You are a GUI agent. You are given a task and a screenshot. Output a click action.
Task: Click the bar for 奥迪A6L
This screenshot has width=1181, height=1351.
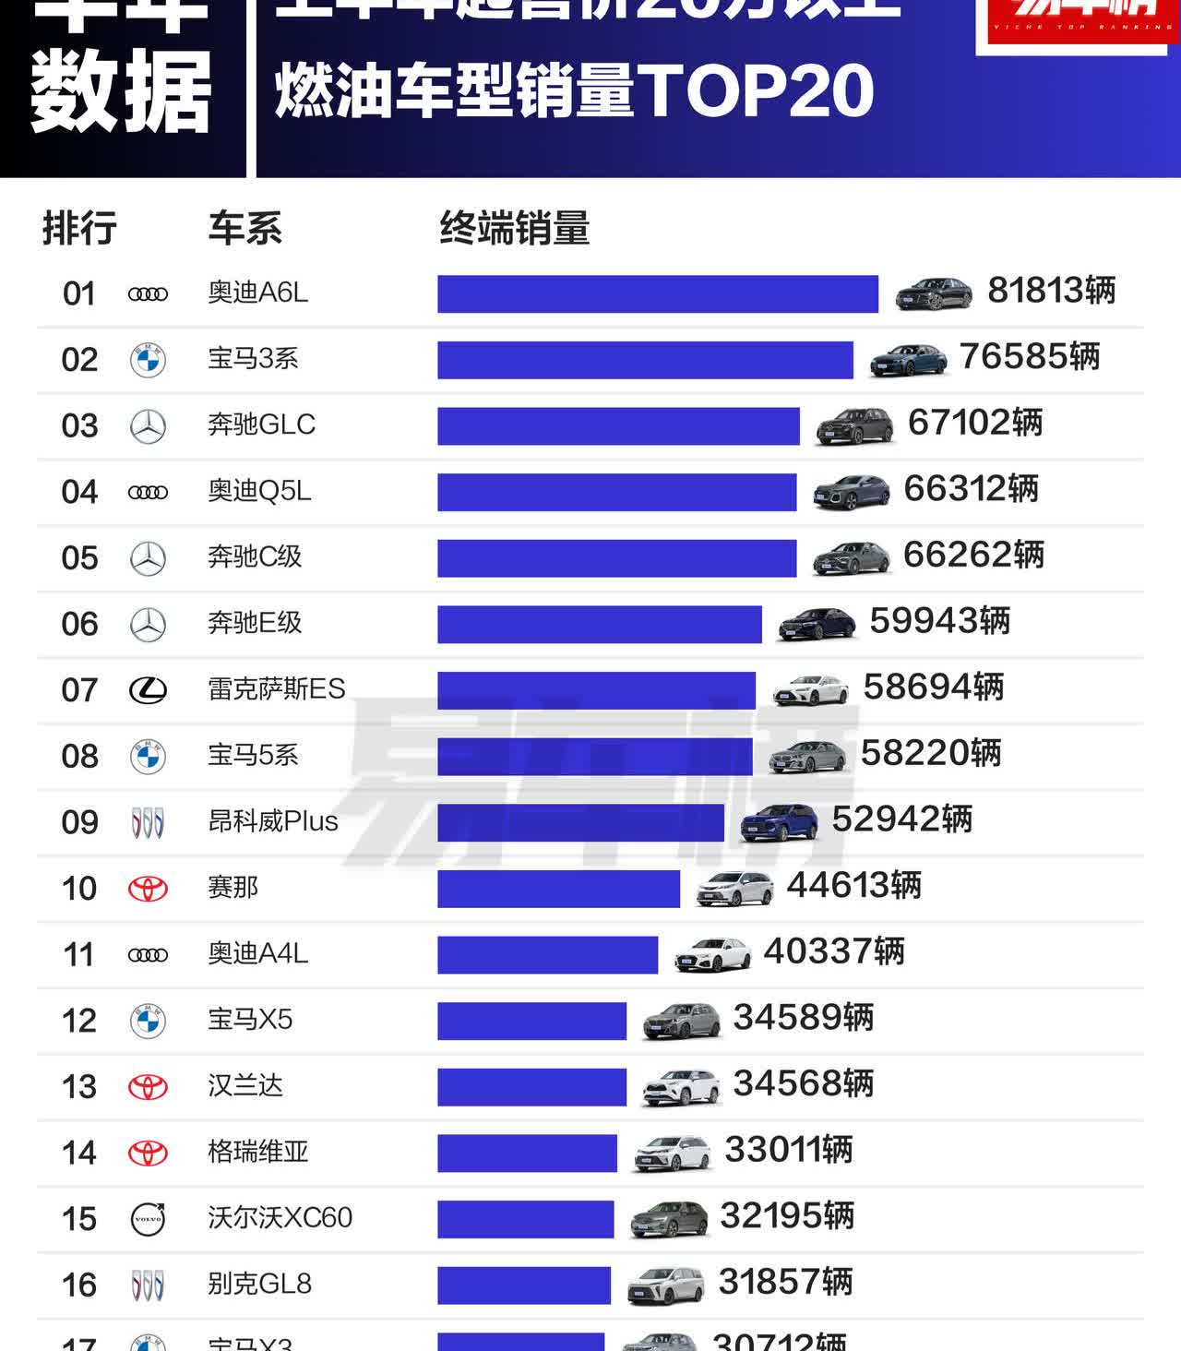pos(657,294)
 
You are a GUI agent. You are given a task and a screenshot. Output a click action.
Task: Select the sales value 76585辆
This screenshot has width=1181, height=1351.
pos(1030,357)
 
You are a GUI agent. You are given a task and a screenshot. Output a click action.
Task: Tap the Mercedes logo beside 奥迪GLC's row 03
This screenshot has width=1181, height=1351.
pos(148,426)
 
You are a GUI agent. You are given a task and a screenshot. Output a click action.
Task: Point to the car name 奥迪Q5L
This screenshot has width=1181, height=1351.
pos(259,491)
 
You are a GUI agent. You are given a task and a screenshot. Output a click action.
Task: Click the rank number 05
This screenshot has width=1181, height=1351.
pos(79,558)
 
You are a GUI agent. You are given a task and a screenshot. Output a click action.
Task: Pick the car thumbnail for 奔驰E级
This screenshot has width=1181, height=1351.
pos(817,623)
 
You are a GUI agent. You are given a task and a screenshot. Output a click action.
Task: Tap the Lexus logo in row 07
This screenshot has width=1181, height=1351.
pos(148,689)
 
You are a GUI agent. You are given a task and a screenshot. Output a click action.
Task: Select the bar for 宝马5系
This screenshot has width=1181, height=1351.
pos(595,757)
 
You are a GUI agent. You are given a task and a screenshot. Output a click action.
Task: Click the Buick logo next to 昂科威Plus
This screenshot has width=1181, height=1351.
pos(148,822)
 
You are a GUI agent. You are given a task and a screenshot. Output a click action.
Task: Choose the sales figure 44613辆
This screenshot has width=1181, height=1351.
pos(853,886)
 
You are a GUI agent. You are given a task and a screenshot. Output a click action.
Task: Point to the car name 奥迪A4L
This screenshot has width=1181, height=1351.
pos(257,953)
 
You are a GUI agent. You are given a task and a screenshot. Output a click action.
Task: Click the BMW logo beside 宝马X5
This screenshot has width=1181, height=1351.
pos(148,1021)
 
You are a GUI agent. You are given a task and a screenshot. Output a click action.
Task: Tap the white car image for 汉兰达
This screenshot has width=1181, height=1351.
pos(680,1086)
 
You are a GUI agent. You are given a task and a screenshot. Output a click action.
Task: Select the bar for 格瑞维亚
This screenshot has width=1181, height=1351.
pos(527,1154)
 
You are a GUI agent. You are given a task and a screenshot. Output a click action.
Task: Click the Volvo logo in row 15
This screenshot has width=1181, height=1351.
pos(148,1219)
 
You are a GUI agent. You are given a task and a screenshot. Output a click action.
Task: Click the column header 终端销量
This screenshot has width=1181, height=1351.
pos(514,228)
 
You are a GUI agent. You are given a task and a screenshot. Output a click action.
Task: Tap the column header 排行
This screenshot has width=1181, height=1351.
pos(79,228)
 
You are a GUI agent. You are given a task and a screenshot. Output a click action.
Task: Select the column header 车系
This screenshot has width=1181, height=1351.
pos(245,228)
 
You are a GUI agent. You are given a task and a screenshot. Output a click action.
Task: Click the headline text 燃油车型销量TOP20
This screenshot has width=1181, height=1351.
pos(574,91)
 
